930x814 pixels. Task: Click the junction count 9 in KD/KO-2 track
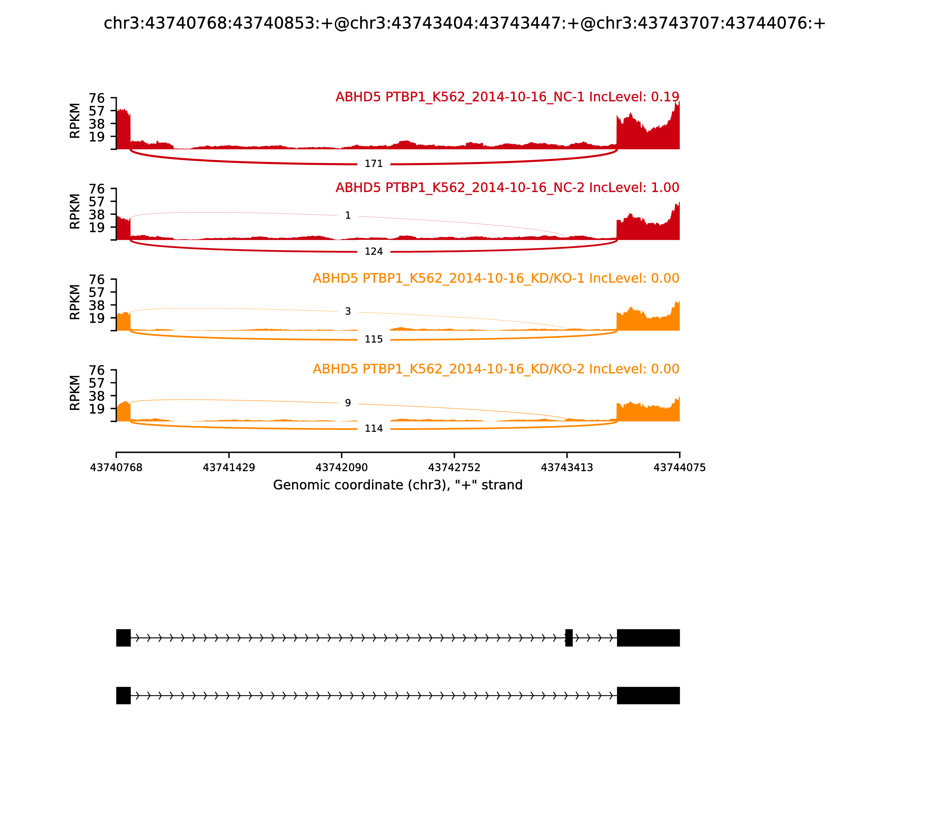pos(348,403)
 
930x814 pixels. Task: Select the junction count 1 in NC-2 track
pos(348,215)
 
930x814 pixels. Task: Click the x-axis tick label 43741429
pos(229,467)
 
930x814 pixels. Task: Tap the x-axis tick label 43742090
pos(341,467)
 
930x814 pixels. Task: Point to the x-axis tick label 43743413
pos(567,467)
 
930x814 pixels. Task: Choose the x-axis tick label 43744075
pos(679,467)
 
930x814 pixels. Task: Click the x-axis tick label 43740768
pos(116,467)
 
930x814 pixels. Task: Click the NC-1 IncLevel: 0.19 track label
pos(507,97)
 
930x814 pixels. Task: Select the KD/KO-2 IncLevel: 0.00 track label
pos(496,369)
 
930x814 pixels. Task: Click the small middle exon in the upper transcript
pos(568,638)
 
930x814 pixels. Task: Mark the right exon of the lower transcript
pos(648,695)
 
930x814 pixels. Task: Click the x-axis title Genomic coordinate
pos(398,485)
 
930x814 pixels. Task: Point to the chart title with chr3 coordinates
pos(464,23)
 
